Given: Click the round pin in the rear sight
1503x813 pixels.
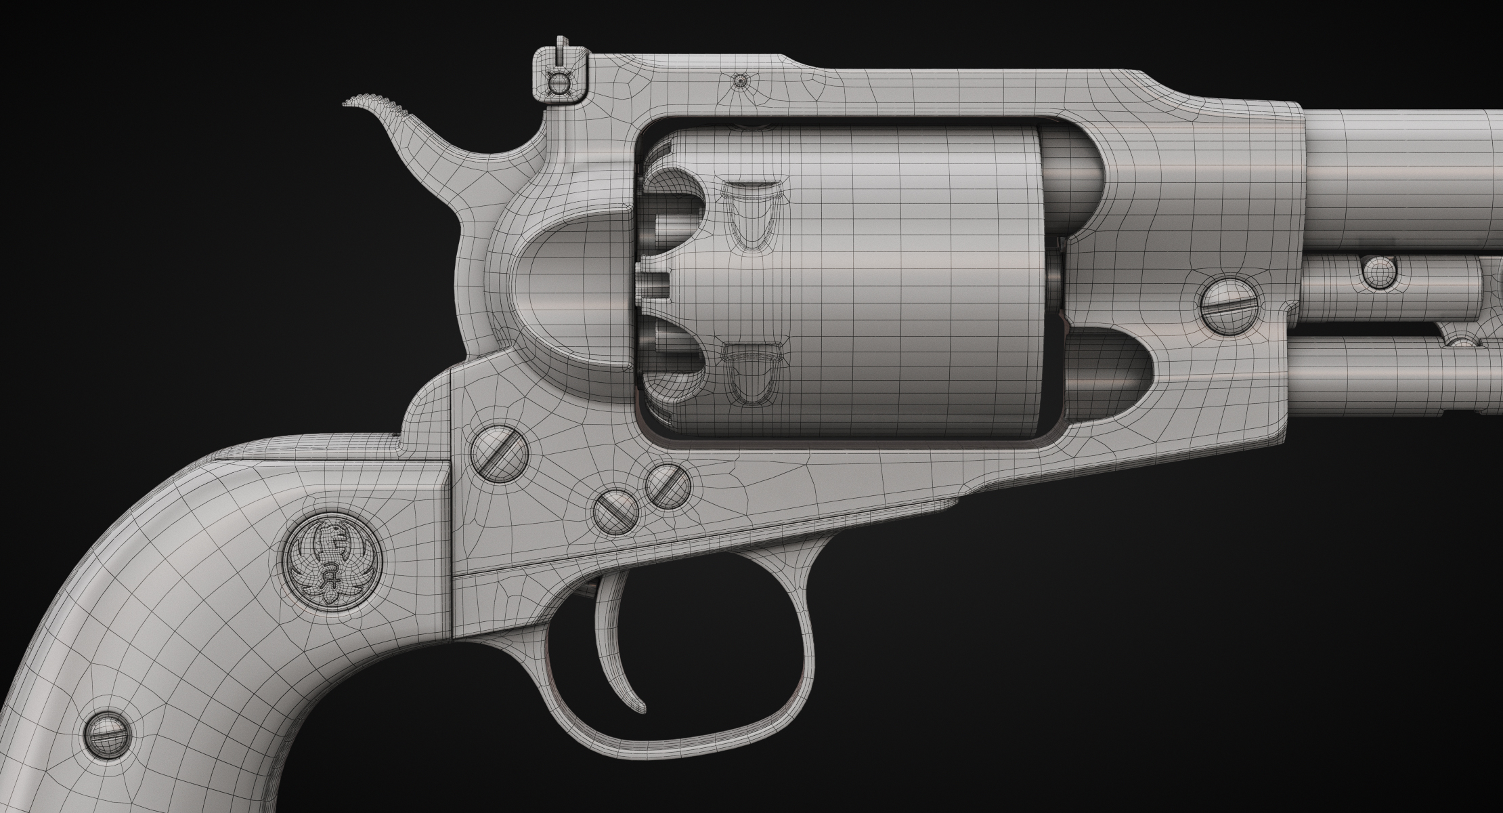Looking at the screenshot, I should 559,85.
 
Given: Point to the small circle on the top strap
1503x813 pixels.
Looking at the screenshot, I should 741,81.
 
